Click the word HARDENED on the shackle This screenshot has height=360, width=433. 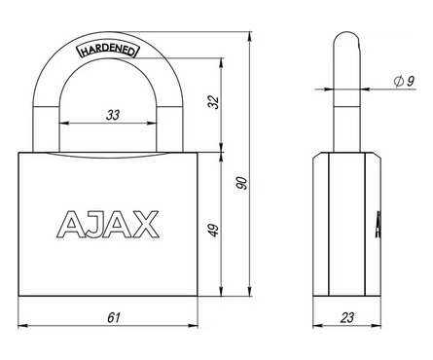[108, 52]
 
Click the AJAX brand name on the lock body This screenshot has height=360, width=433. [107, 223]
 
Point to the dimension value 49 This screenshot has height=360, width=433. [214, 231]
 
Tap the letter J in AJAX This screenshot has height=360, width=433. [92, 223]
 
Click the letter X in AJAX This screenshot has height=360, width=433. [141, 223]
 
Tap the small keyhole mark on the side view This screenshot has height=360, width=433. [377, 226]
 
